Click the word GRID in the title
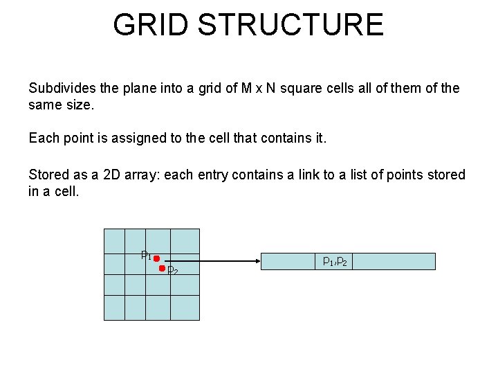click(x=150, y=25)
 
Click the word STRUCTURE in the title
click(x=290, y=25)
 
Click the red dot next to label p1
click(x=156, y=258)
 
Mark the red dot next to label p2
click(x=163, y=269)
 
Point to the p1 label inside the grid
click(x=146, y=255)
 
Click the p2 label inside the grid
click(x=173, y=271)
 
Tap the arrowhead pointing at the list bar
click(x=257, y=261)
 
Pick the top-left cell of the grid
click(x=114, y=240)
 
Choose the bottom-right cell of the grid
click(x=187, y=307)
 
